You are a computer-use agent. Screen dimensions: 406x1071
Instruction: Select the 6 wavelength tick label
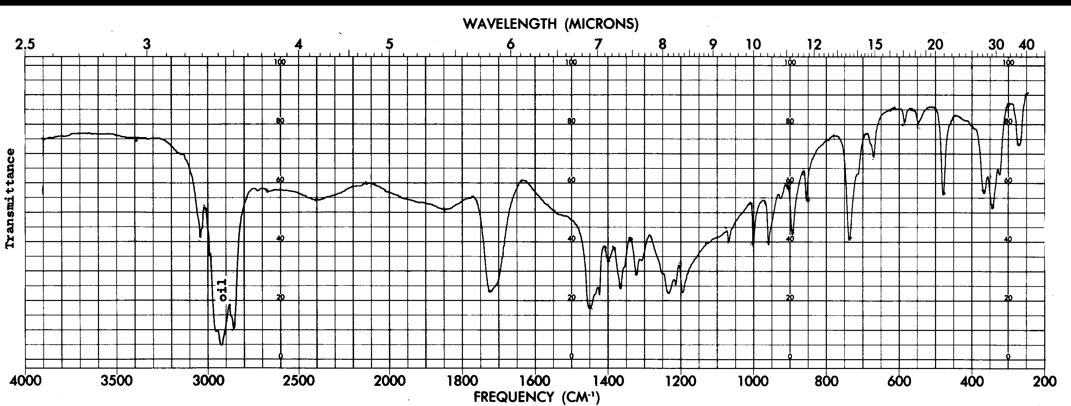[x=510, y=44]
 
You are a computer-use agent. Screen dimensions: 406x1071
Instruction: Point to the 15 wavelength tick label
[x=875, y=44]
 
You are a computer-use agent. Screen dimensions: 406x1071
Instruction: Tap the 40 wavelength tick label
[x=1027, y=44]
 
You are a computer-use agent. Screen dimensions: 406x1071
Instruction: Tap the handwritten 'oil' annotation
[x=223, y=290]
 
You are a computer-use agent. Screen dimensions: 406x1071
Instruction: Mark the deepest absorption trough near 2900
[x=222, y=344]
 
